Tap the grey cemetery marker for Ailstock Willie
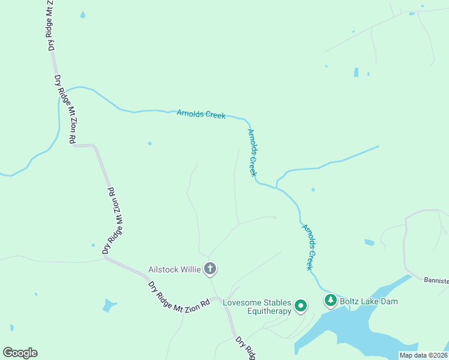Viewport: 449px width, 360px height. (210, 269)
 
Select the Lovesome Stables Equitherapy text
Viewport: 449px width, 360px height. (257, 307)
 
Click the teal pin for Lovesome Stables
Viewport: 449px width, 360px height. (301, 307)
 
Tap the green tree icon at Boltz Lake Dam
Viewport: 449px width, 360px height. (330, 299)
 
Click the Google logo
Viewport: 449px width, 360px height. (20, 353)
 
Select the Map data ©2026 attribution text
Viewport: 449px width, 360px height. (423, 355)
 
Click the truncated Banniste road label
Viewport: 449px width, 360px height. (436, 280)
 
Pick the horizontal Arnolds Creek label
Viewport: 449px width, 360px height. (201, 113)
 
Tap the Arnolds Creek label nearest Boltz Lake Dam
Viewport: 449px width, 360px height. (307, 247)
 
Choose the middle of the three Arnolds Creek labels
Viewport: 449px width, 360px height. (253, 152)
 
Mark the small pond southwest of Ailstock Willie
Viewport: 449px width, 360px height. (109, 305)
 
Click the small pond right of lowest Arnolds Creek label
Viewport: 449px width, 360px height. (369, 242)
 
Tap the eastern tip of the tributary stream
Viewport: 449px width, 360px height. (378, 146)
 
